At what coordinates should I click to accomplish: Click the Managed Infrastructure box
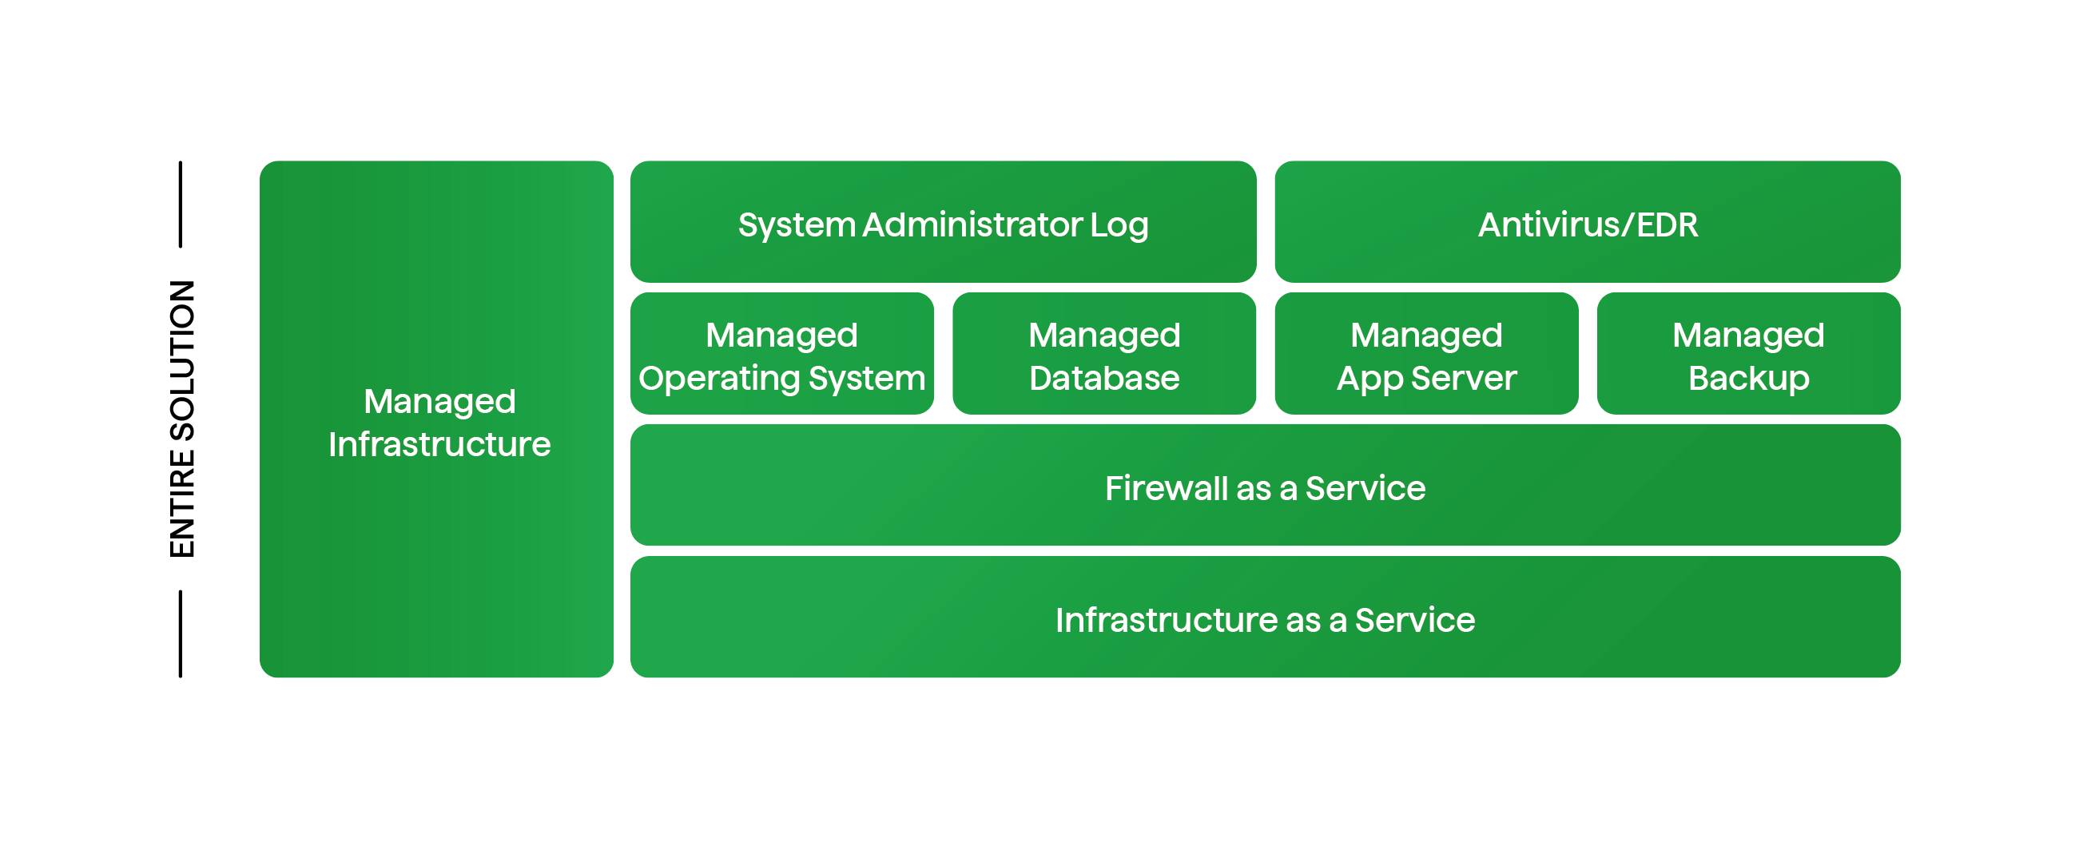click(436, 419)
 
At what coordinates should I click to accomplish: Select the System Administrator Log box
click(943, 222)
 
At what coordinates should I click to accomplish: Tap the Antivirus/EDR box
click(1588, 222)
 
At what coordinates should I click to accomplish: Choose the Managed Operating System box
click(782, 354)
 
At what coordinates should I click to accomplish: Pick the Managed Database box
click(1104, 354)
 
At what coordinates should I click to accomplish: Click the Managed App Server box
click(1426, 354)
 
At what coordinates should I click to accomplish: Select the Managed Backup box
click(1749, 354)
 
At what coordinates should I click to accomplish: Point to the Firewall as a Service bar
click(1265, 486)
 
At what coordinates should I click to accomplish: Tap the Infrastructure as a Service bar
click(1265, 618)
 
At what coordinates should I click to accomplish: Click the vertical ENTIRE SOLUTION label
click(182, 419)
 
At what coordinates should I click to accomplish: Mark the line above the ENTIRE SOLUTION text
click(180, 205)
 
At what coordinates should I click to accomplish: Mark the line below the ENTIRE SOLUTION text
click(180, 634)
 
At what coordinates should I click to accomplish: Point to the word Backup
click(1749, 379)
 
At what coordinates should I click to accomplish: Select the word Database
click(1104, 379)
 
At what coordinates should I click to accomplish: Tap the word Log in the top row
click(1119, 225)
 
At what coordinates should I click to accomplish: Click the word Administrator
click(972, 224)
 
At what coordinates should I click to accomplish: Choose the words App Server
click(1426, 379)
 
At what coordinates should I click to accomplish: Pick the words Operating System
click(782, 379)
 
